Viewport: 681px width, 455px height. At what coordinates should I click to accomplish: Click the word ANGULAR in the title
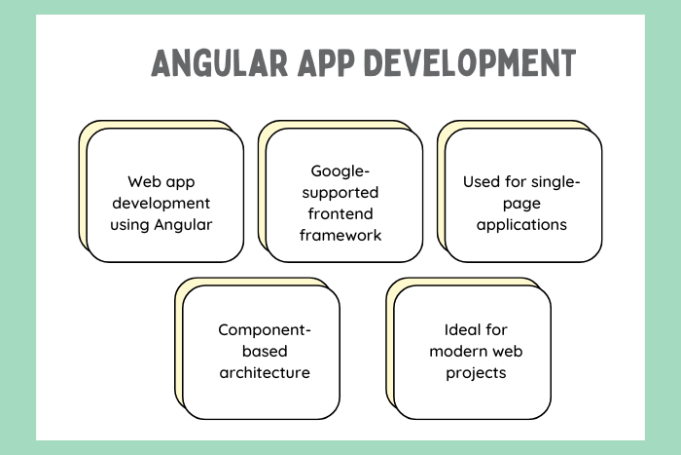click(219, 63)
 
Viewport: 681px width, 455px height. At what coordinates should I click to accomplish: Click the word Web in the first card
click(143, 181)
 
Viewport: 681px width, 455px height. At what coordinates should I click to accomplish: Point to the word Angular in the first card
click(183, 225)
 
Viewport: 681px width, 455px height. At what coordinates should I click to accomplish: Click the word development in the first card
click(161, 203)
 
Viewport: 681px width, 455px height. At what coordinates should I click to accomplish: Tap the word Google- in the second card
click(340, 171)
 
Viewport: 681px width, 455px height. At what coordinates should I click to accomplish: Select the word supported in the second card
click(340, 193)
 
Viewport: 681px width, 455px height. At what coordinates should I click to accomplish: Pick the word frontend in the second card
click(340, 213)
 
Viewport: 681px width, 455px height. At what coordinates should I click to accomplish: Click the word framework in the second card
click(340, 235)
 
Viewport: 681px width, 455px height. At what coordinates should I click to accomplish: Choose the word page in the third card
click(521, 204)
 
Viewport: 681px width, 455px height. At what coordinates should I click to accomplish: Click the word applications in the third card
click(521, 225)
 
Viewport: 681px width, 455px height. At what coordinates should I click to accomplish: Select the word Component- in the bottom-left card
click(265, 330)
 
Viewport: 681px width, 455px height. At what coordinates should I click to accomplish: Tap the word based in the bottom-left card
click(265, 351)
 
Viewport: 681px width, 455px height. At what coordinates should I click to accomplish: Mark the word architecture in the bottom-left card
click(265, 372)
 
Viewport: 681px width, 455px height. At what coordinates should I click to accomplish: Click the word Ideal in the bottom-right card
click(460, 329)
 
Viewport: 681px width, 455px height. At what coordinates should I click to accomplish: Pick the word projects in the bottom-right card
click(476, 373)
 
